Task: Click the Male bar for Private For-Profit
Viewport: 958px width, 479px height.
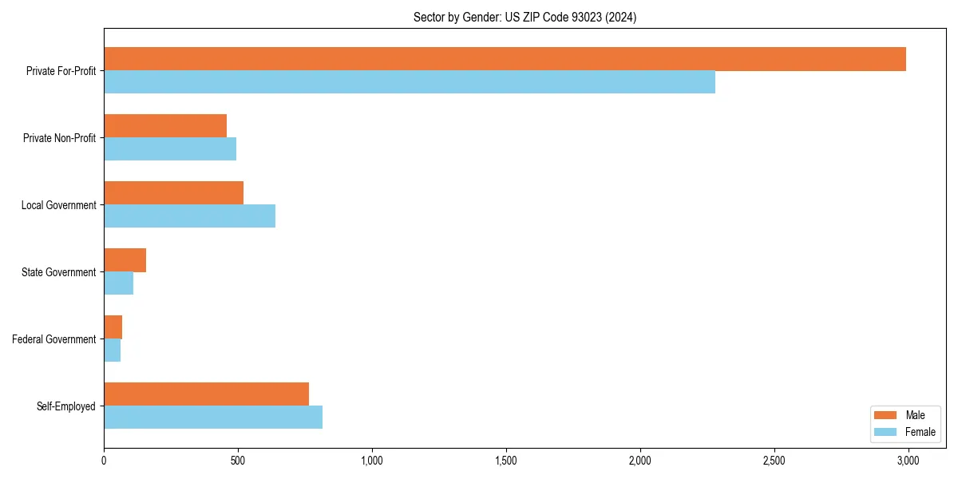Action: [505, 59]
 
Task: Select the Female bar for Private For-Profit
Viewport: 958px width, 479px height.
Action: [410, 82]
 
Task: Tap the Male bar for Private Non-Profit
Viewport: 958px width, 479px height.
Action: [165, 126]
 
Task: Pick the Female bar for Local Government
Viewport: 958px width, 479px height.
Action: [189, 216]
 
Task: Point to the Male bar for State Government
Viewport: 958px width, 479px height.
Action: [125, 260]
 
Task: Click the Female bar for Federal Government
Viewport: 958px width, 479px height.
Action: [112, 350]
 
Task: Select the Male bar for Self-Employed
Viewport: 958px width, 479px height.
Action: [206, 394]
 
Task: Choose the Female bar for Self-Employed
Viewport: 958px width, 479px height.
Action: [213, 418]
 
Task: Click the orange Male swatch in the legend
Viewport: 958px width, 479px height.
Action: [886, 415]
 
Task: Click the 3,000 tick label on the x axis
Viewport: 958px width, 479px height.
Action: [908, 461]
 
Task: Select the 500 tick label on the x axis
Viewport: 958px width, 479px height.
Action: [238, 461]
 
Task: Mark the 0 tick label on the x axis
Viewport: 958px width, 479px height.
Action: [104, 461]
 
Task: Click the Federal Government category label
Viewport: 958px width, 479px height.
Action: [54, 339]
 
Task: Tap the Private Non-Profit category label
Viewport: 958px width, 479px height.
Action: [59, 138]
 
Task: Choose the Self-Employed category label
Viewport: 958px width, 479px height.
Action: [66, 406]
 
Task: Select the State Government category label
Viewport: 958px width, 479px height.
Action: [59, 272]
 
